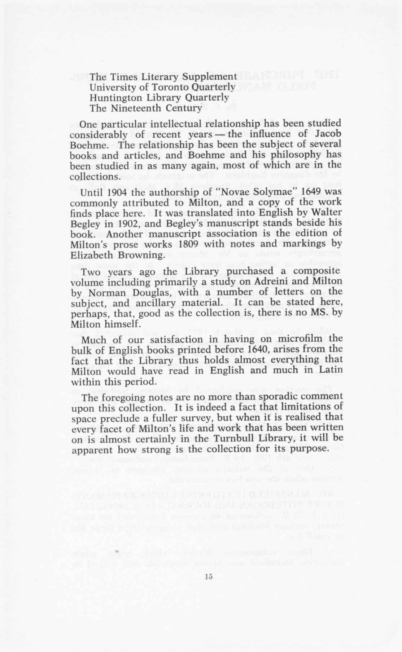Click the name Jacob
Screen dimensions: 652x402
(x=328, y=134)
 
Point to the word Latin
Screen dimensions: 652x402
(x=329, y=371)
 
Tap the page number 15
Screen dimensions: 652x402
(x=208, y=576)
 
